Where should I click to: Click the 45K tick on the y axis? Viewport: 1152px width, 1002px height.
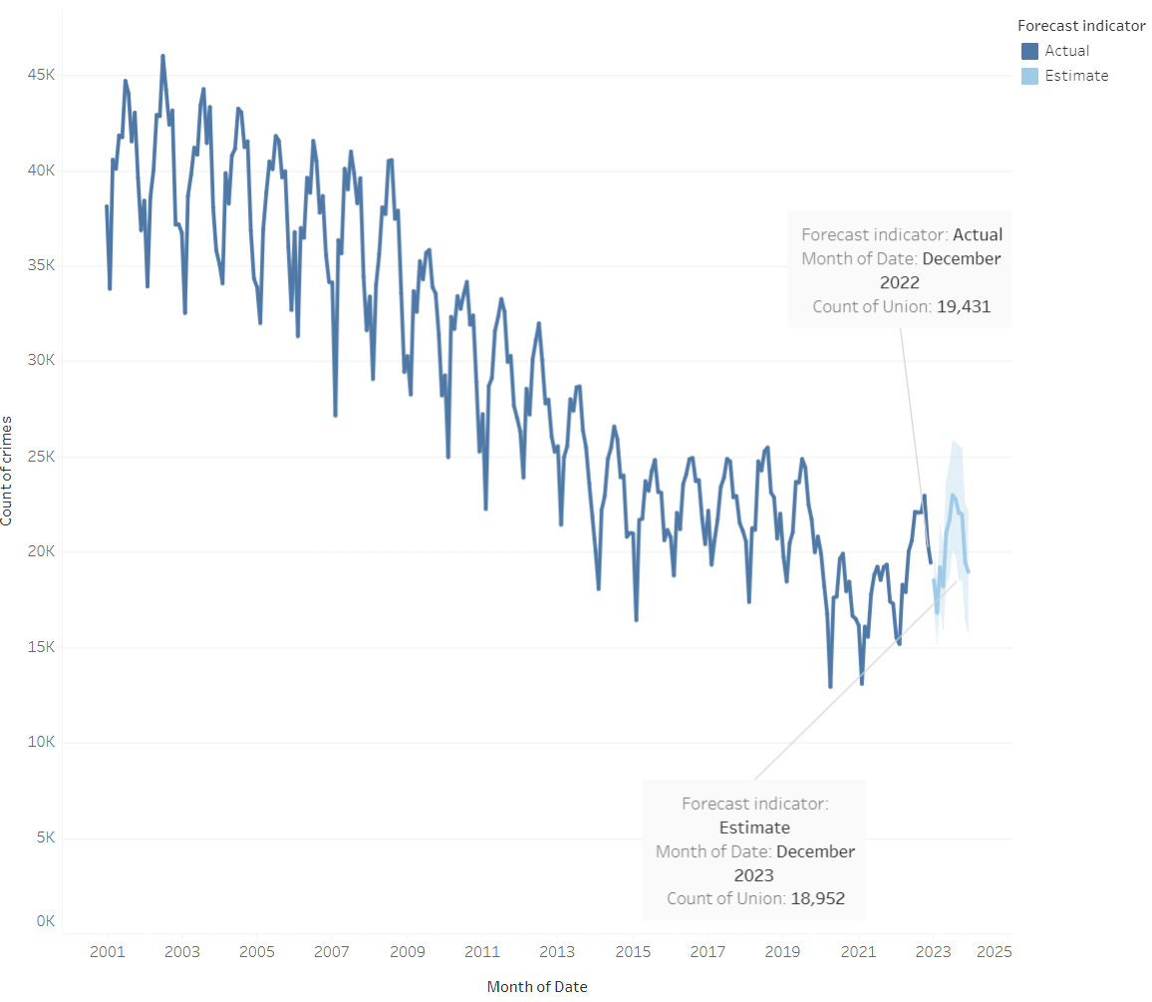[39, 75]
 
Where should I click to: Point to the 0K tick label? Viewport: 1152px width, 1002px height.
[45, 921]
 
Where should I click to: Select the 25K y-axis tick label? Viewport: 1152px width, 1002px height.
[39, 457]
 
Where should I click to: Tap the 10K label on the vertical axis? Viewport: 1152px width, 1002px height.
[39, 743]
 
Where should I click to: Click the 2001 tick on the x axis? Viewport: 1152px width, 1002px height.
[107, 951]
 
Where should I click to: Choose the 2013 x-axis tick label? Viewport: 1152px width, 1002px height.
[557, 951]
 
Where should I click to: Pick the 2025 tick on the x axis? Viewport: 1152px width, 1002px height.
[994, 951]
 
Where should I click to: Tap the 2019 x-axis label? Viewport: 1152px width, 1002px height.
[782, 951]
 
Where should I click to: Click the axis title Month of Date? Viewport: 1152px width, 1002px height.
[537, 987]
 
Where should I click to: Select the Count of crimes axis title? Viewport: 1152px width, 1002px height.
[8, 468]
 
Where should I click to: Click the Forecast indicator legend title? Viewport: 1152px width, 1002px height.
[1081, 26]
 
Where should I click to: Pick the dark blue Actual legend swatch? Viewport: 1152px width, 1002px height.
[1029, 51]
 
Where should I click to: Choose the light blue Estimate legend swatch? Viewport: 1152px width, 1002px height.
[1029, 76]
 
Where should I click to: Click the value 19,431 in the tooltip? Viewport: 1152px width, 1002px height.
[963, 306]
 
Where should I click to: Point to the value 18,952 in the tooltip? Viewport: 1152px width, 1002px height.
[817, 898]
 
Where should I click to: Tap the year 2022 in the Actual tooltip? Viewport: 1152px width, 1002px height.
[899, 282]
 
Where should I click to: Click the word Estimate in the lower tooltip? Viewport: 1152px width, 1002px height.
[754, 828]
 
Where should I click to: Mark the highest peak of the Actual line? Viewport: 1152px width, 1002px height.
[162, 56]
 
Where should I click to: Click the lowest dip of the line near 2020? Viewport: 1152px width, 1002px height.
[830, 687]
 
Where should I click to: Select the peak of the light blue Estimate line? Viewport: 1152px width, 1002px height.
[953, 495]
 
